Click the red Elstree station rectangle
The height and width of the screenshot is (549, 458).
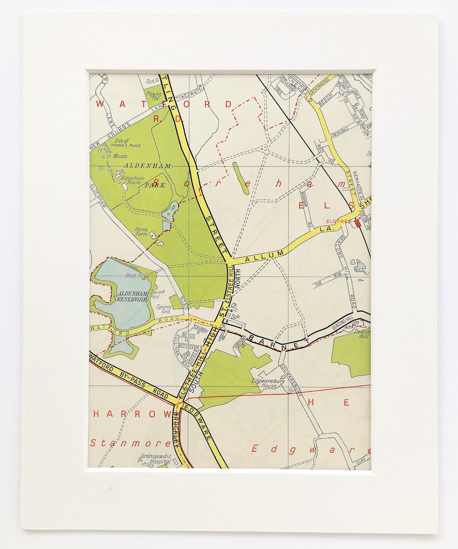click(357, 223)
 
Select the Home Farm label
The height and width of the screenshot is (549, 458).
click(141, 232)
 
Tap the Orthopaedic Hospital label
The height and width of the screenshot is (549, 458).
click(156, 459)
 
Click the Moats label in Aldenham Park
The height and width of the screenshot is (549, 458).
click(120, 156)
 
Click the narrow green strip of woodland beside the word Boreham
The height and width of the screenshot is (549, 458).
click(240, 178)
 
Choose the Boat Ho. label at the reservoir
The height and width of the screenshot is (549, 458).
click(135, 276)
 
